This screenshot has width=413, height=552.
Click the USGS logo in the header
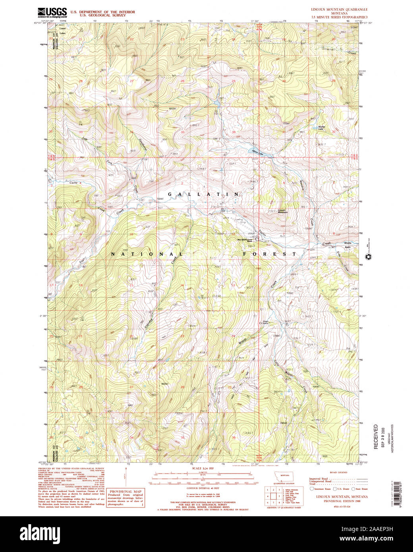pyautogui.click(x=52, y=13)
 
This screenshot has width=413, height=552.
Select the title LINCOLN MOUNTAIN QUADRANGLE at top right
pyautogui.click(x=339, y=9)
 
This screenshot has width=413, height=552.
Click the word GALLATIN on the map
pyautogui.click(x=203, y=194)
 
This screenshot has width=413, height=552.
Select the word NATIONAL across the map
pyautogui.click(x=147, y=254)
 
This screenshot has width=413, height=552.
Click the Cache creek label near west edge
pyautogui.click(x=73, y=183)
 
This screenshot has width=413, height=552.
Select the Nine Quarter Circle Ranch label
pyautogui.click(x=250, y=240)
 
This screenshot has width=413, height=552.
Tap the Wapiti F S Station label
pyautogui.click(x=264, y=322)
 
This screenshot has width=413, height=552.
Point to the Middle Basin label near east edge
pyautogui.click(x=348, y=245)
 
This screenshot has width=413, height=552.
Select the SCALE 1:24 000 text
pyautogui.click(x=203, y=469)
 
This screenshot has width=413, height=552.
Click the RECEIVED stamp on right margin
pyautogui.click(x=376, y=437)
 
